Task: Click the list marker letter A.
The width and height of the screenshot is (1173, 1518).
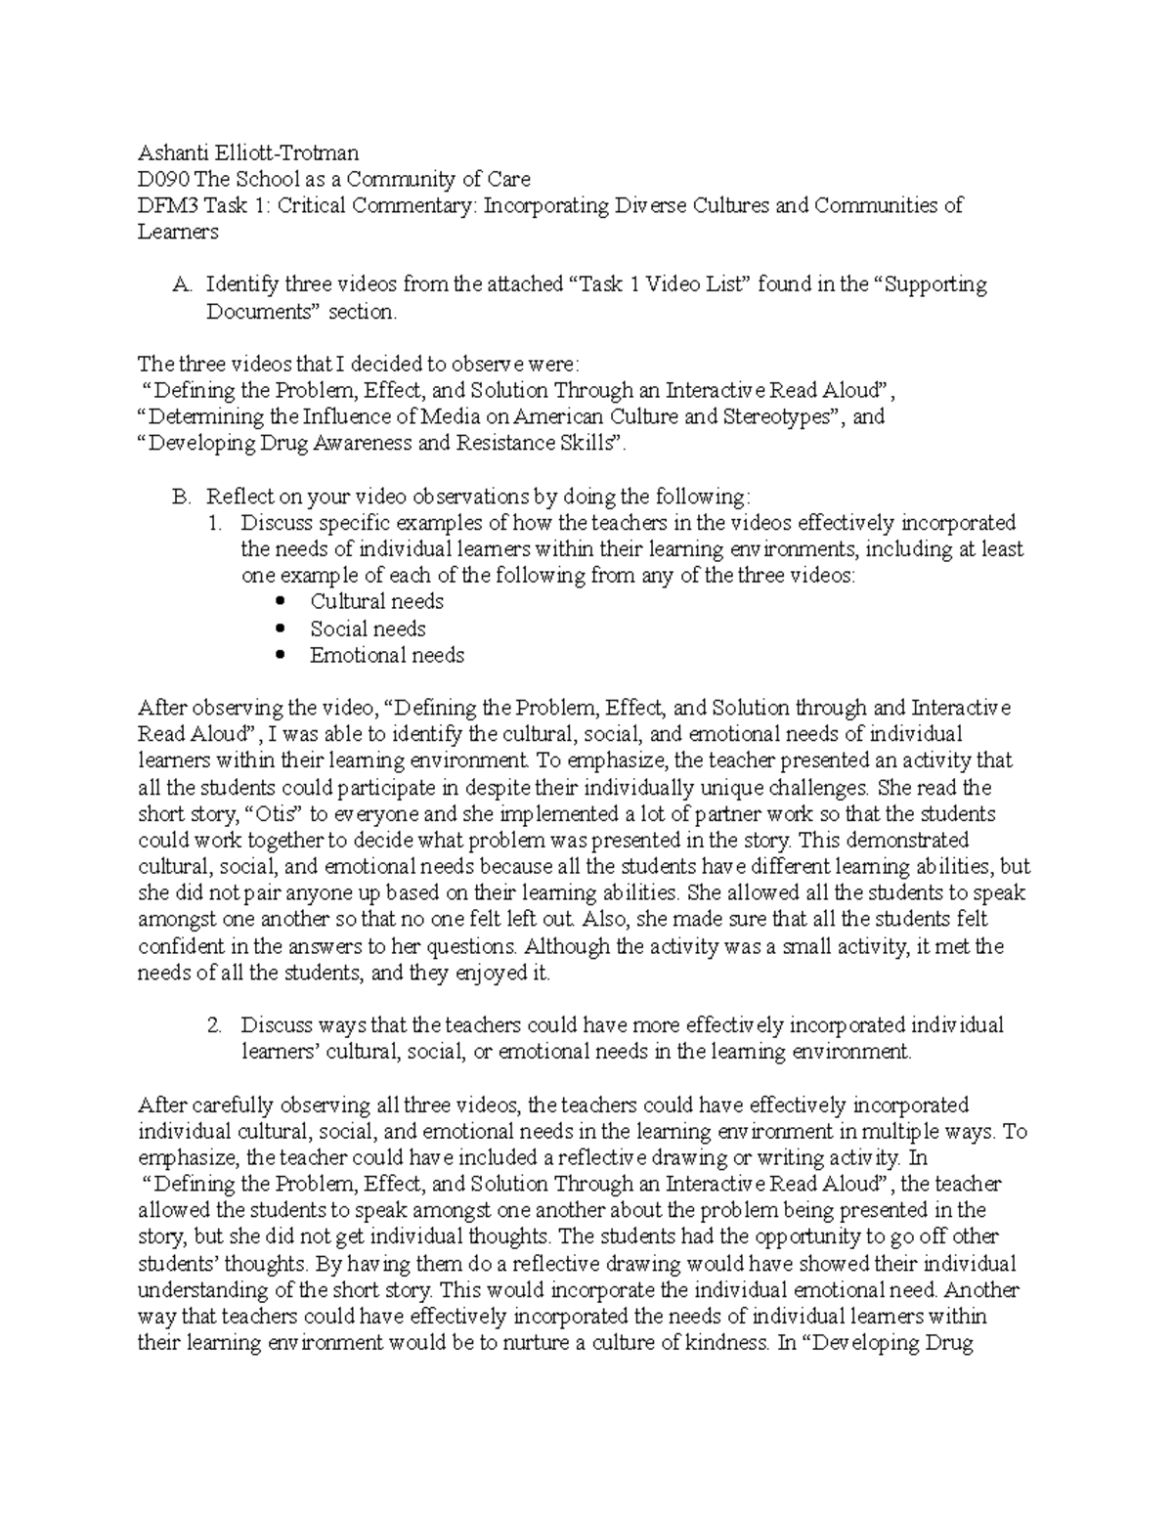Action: pyautogui.click(x=180, y=285)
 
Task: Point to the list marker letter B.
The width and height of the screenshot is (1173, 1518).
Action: pyautogui.click(x=180, y=497)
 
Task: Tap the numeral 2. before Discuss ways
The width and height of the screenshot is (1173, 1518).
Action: pyautogui.click(x=215, y=1026)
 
